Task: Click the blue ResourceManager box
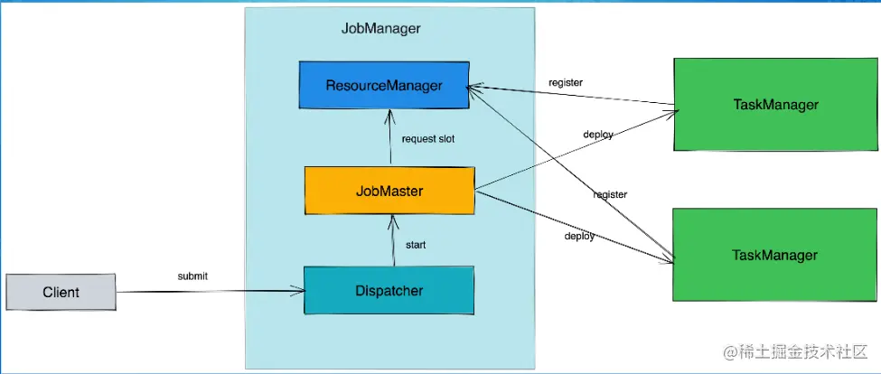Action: coord(384,86)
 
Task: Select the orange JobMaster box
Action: coord(389,191)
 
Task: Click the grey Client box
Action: coord(61,292)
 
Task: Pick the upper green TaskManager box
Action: coord(775,106)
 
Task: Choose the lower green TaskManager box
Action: coord(775,255)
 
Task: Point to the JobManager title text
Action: coord(380,29)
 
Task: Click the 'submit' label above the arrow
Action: coord(192,276)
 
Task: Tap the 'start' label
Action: coord(416,244)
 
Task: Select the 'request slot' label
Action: coord(428,139)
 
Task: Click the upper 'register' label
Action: coord(566,83)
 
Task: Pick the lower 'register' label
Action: coord(610,194)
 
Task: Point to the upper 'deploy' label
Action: coord(598,135)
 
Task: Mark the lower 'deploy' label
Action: coord(579,236)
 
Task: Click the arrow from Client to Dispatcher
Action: coord(208,292)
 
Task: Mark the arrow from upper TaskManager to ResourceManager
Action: coord(569,96)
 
